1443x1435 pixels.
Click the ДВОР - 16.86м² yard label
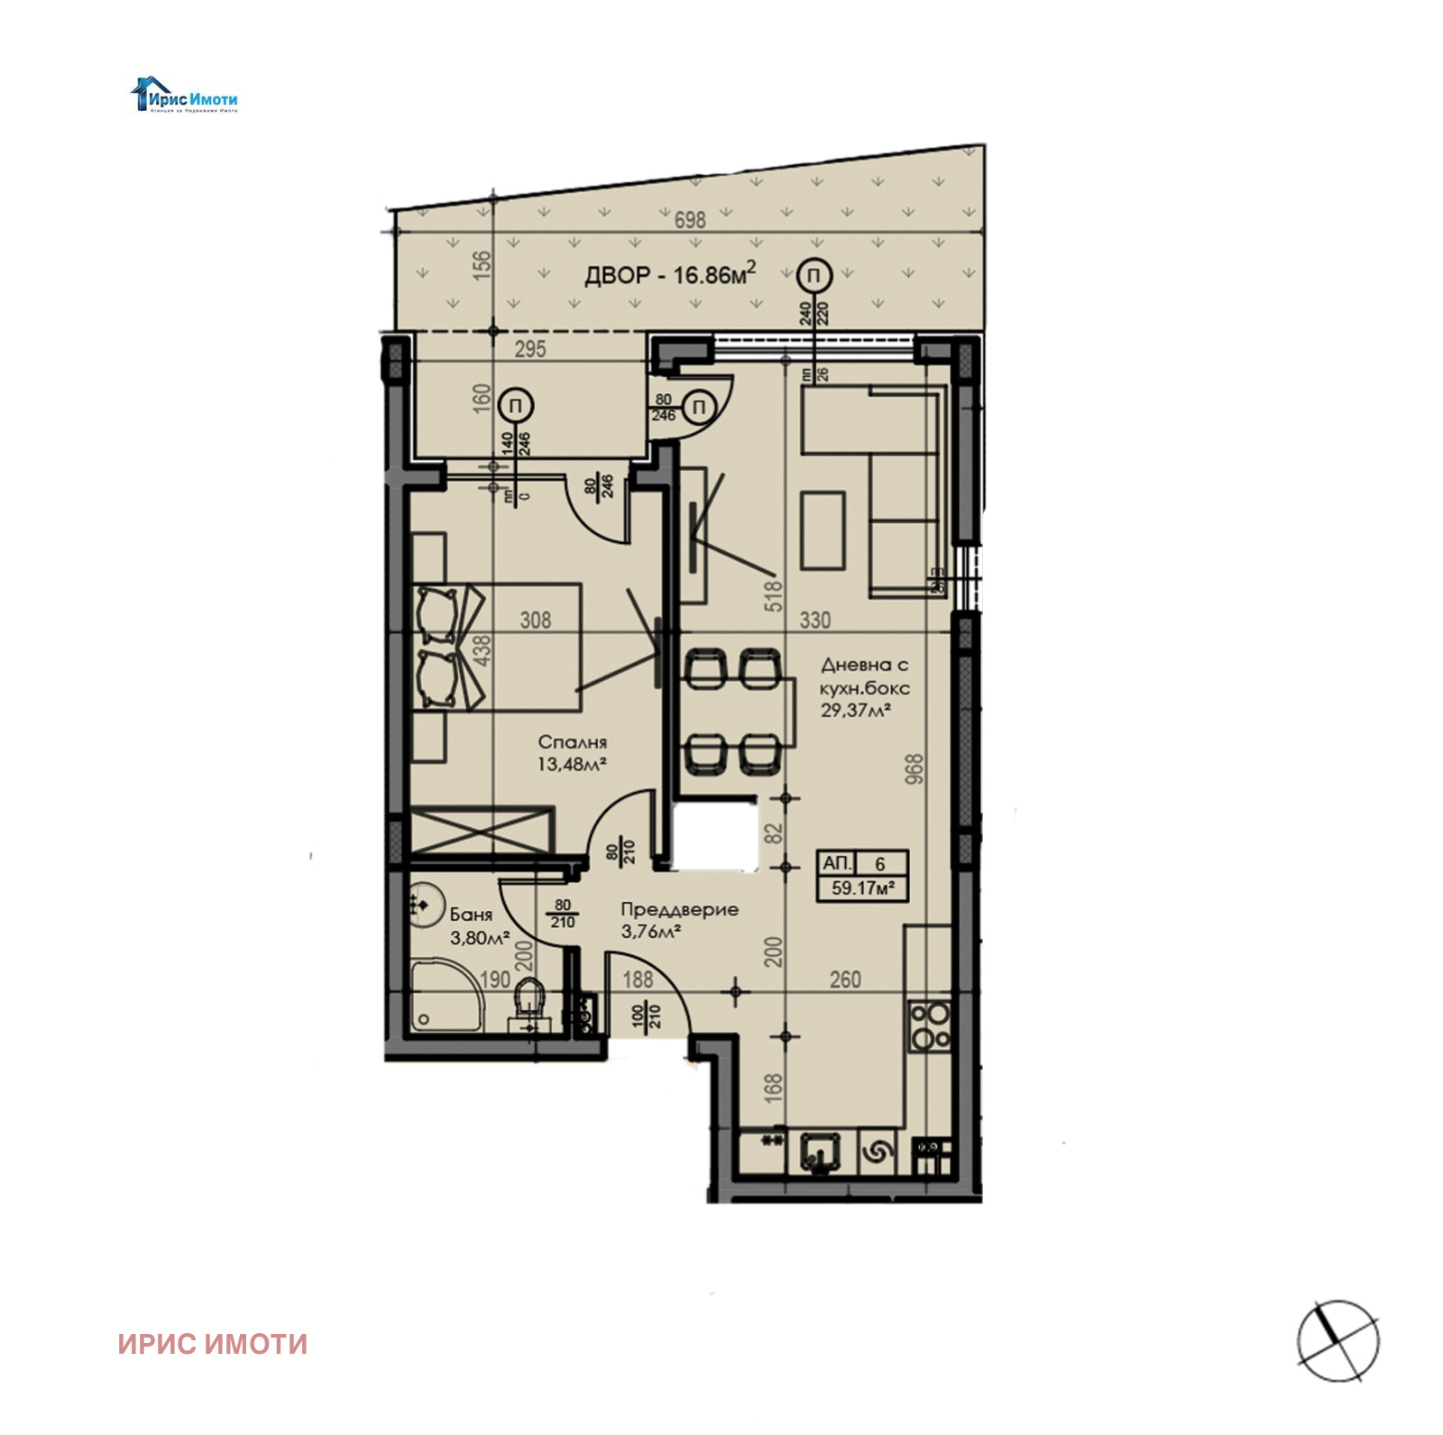point(669,273)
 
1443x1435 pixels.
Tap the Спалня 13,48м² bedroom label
point(572,753)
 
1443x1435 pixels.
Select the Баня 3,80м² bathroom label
point(479,926)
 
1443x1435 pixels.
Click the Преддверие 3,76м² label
point(678,920)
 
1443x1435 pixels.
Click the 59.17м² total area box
point(862,888)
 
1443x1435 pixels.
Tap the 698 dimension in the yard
point(690,219)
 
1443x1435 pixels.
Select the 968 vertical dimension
point(914,768)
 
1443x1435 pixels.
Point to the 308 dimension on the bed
point(535,620)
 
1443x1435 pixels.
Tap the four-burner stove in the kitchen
point(930,1026)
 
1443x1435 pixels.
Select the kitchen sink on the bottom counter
point(820,1154)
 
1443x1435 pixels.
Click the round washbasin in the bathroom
point(422,902)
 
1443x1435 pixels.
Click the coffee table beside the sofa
point(823,529)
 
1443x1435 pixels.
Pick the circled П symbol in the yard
point(814,274)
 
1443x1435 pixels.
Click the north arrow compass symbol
point(1337,1340)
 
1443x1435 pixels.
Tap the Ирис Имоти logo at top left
point(185,96)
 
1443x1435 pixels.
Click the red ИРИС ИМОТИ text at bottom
point(213,1344)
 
